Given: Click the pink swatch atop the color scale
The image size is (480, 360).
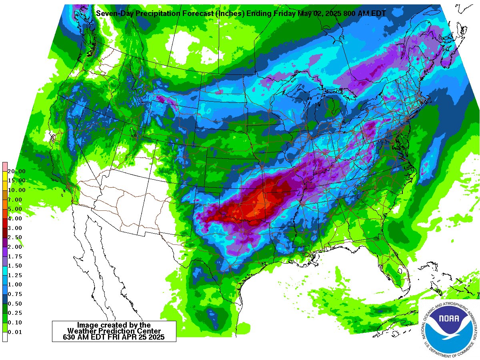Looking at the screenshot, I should (x=5, y=166).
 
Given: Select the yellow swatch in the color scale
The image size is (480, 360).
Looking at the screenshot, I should (x=5, y=176).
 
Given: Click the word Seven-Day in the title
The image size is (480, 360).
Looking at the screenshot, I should (x=114, y=14).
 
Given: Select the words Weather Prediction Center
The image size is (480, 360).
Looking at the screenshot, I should (x=114, y=331).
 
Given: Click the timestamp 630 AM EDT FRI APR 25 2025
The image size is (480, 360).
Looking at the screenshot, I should (x=114, y=337).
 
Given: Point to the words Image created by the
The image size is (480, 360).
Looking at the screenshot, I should (x=114, y=325).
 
